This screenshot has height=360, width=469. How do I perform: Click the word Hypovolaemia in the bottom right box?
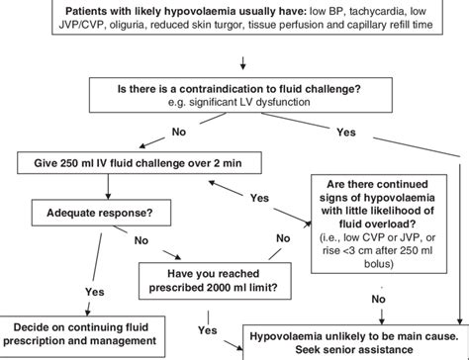coord(295,335)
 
